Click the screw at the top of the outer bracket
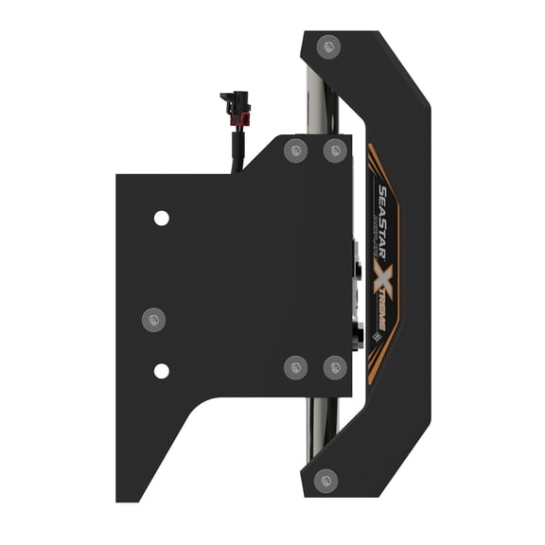328,44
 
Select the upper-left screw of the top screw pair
296,149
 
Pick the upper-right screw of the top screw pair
335,149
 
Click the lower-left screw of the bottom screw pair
295,366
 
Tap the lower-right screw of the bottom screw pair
335,366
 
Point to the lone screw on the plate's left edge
152,319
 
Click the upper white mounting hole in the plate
162,219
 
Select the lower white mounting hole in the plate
162,370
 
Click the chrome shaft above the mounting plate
315,104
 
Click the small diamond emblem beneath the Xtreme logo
375,334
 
